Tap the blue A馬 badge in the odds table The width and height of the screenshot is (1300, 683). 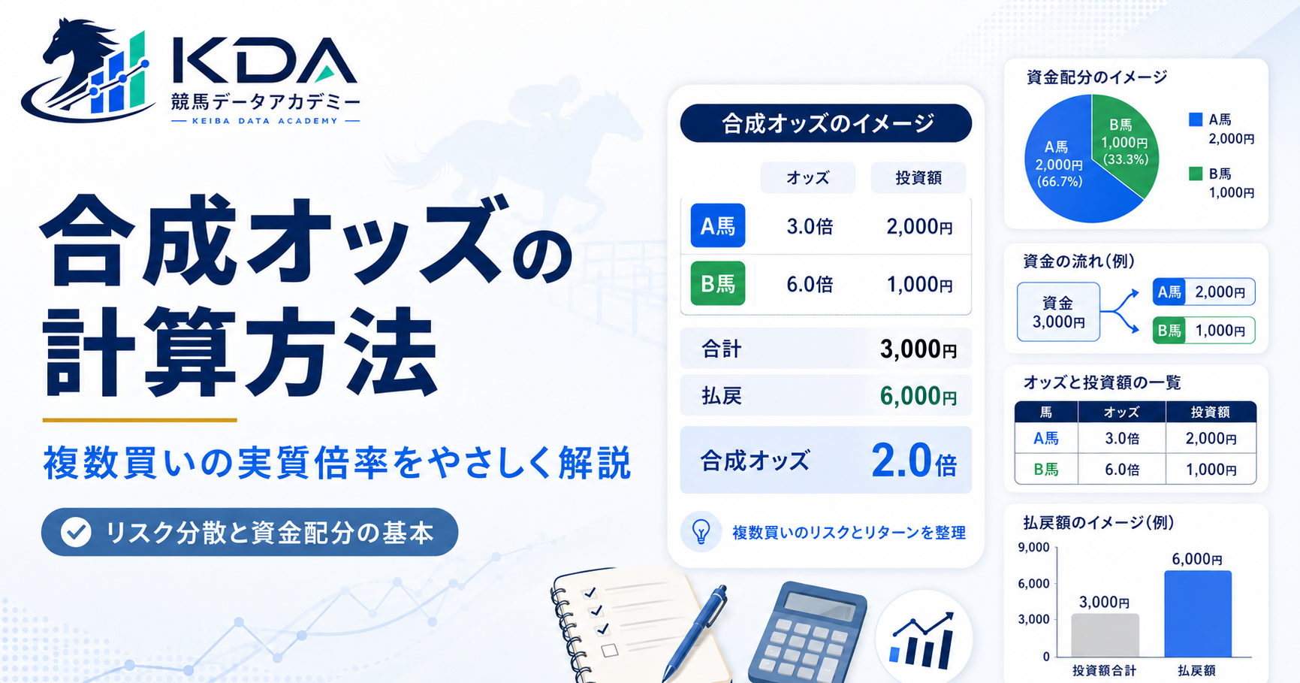tap(718, 225)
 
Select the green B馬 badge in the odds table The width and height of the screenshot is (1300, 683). tap(718, 283)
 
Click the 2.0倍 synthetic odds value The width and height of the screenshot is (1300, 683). tap(913, 460)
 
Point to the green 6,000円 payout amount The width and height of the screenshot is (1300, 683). tap(918, 396)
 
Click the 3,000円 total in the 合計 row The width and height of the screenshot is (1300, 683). tap(918, 349)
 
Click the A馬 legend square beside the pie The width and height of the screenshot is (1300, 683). tap(1196, 119)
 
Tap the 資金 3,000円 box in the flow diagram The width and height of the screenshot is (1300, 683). tap(1058, 312)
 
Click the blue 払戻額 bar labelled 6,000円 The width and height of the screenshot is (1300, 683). tap(1198, 614)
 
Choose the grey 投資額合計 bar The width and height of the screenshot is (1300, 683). tap(1105, 636)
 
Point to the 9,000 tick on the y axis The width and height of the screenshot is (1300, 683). tap(1033, 548)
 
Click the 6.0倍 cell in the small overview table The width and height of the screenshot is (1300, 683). tap(1122, 470)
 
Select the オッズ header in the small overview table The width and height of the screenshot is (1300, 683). tap(1122, 412)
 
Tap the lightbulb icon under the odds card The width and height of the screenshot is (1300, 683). tap(701, 531)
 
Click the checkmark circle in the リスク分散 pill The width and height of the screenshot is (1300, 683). tap(76, 532)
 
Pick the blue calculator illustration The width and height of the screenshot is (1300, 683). tap(807, 633)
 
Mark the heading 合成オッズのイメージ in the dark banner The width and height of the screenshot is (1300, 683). tap(827, 123)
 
